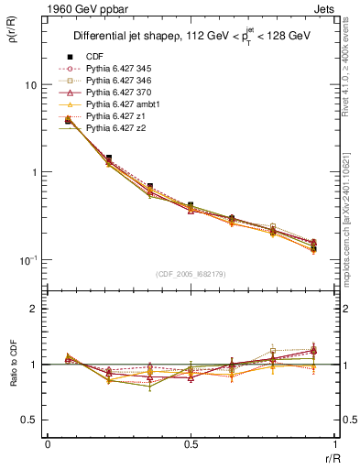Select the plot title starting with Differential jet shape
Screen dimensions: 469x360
click(191, 37)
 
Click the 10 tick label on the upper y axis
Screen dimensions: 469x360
click(30, 85)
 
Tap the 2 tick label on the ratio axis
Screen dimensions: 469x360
click(34, 310)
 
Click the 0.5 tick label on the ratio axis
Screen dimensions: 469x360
click(29, 420)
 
